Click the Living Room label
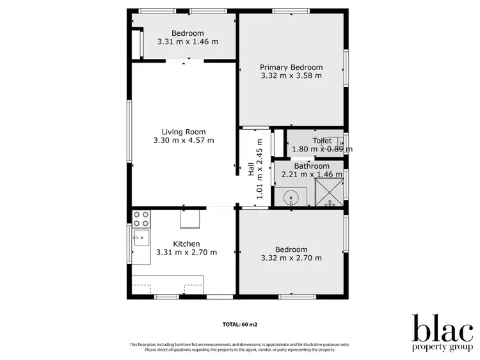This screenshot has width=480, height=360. [184, 132]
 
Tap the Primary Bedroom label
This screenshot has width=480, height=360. [291, 67]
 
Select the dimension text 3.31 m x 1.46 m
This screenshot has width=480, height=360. [188, 42]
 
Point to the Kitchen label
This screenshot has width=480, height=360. [186, 244]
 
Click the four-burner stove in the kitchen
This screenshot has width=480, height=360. [141, 219]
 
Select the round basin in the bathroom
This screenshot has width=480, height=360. [291, 197]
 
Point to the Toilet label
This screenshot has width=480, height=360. [322, 141]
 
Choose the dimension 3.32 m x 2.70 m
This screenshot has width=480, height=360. [291, 258]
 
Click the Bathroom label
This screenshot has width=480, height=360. [312, 166]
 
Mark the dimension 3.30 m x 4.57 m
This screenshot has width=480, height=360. [184, 141]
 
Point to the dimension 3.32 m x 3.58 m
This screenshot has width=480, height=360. [291, 75]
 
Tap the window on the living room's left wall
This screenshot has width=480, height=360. [129, 131]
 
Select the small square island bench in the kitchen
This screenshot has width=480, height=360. [189, 219]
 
